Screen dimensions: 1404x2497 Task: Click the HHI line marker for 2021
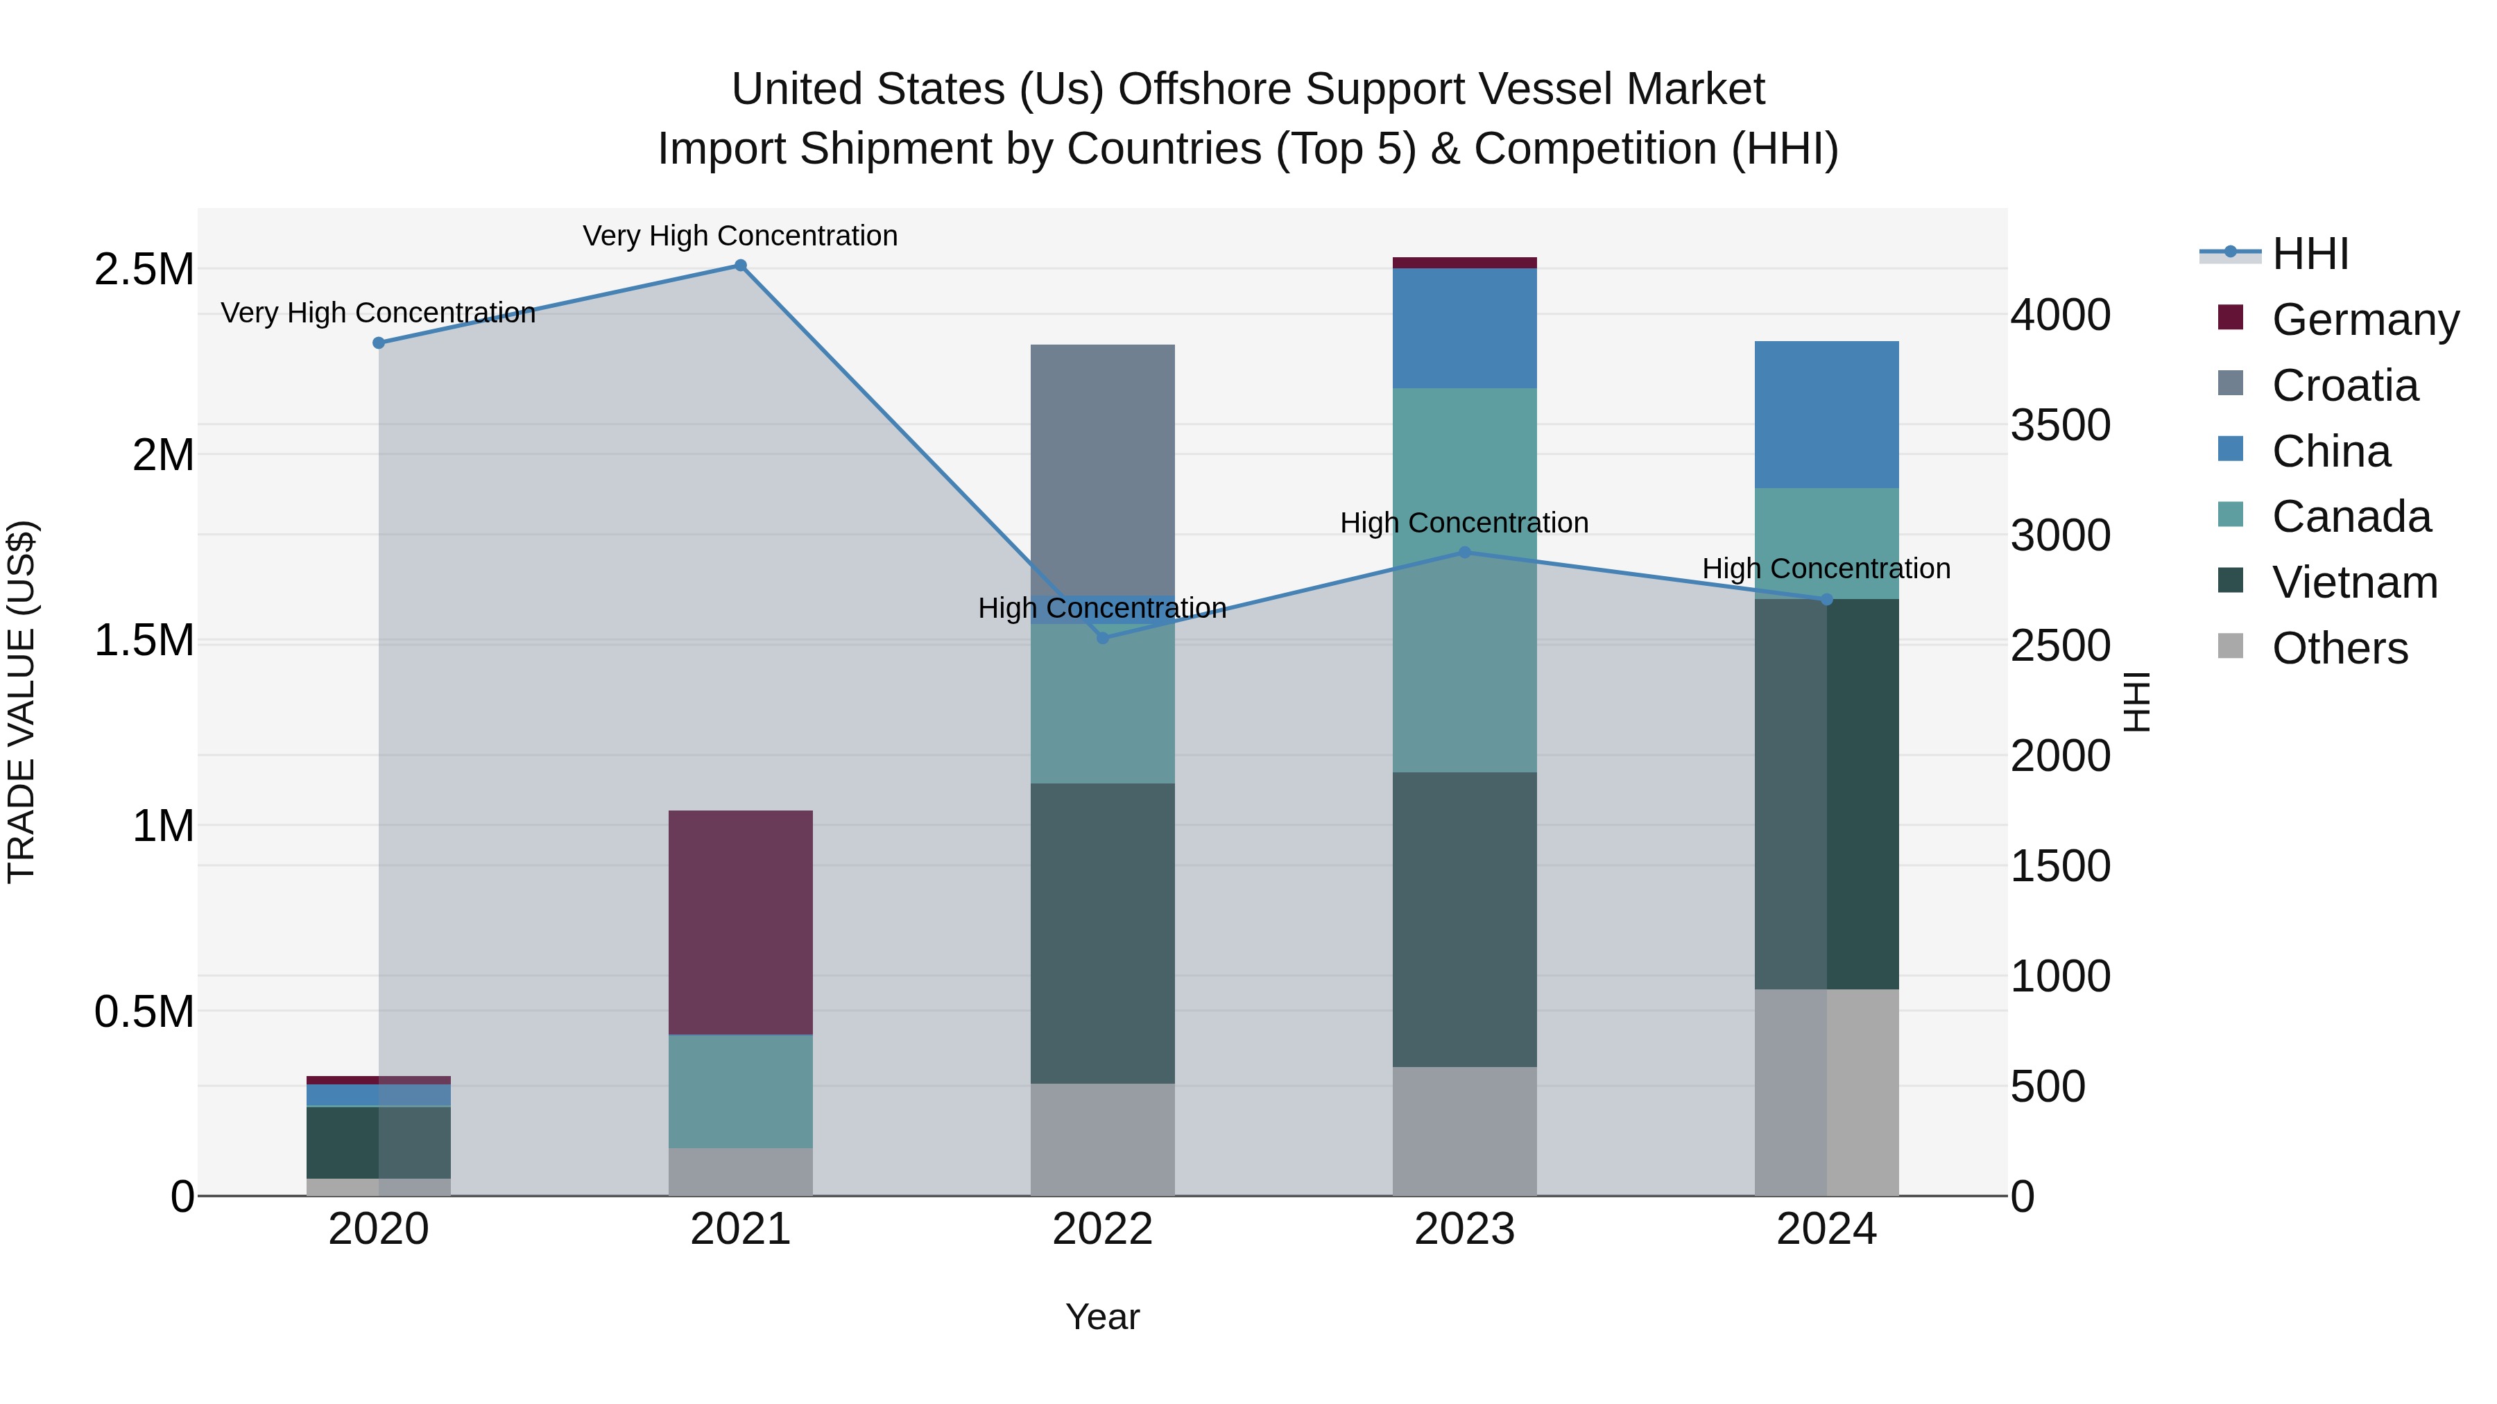[x=741, y=266]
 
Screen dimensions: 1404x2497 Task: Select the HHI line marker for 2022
[x=1102, y=638]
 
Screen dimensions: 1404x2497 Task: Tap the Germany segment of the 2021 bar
[x=741, y=921]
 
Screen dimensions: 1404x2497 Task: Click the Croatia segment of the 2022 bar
[x=1102, y=470]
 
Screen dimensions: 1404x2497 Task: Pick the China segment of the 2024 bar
[x=1826, y=415]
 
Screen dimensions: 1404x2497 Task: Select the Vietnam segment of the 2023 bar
[x=1465, y=919]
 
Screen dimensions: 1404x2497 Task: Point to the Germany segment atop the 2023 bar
[x=1465, y=263]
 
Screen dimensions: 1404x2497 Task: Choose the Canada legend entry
[x=2351, y=517]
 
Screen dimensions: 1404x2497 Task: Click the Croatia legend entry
[x=2344, y=385]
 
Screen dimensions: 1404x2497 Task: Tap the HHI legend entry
[x=2309, y=254]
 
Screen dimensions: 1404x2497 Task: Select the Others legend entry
[x=2339, y=648]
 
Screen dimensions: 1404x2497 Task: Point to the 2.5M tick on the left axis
[x=144, y=270]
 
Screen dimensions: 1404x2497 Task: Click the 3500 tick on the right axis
[x=2060, y=426]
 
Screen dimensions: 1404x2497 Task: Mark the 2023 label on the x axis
[x=1465, y=1229]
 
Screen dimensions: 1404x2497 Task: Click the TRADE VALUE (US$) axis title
[x=22, y=702]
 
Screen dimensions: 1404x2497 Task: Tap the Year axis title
[x=1102, y=1317]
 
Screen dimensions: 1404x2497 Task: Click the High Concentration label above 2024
[x=1826, y=569]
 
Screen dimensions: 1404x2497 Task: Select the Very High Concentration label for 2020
[x=378, y=313]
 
